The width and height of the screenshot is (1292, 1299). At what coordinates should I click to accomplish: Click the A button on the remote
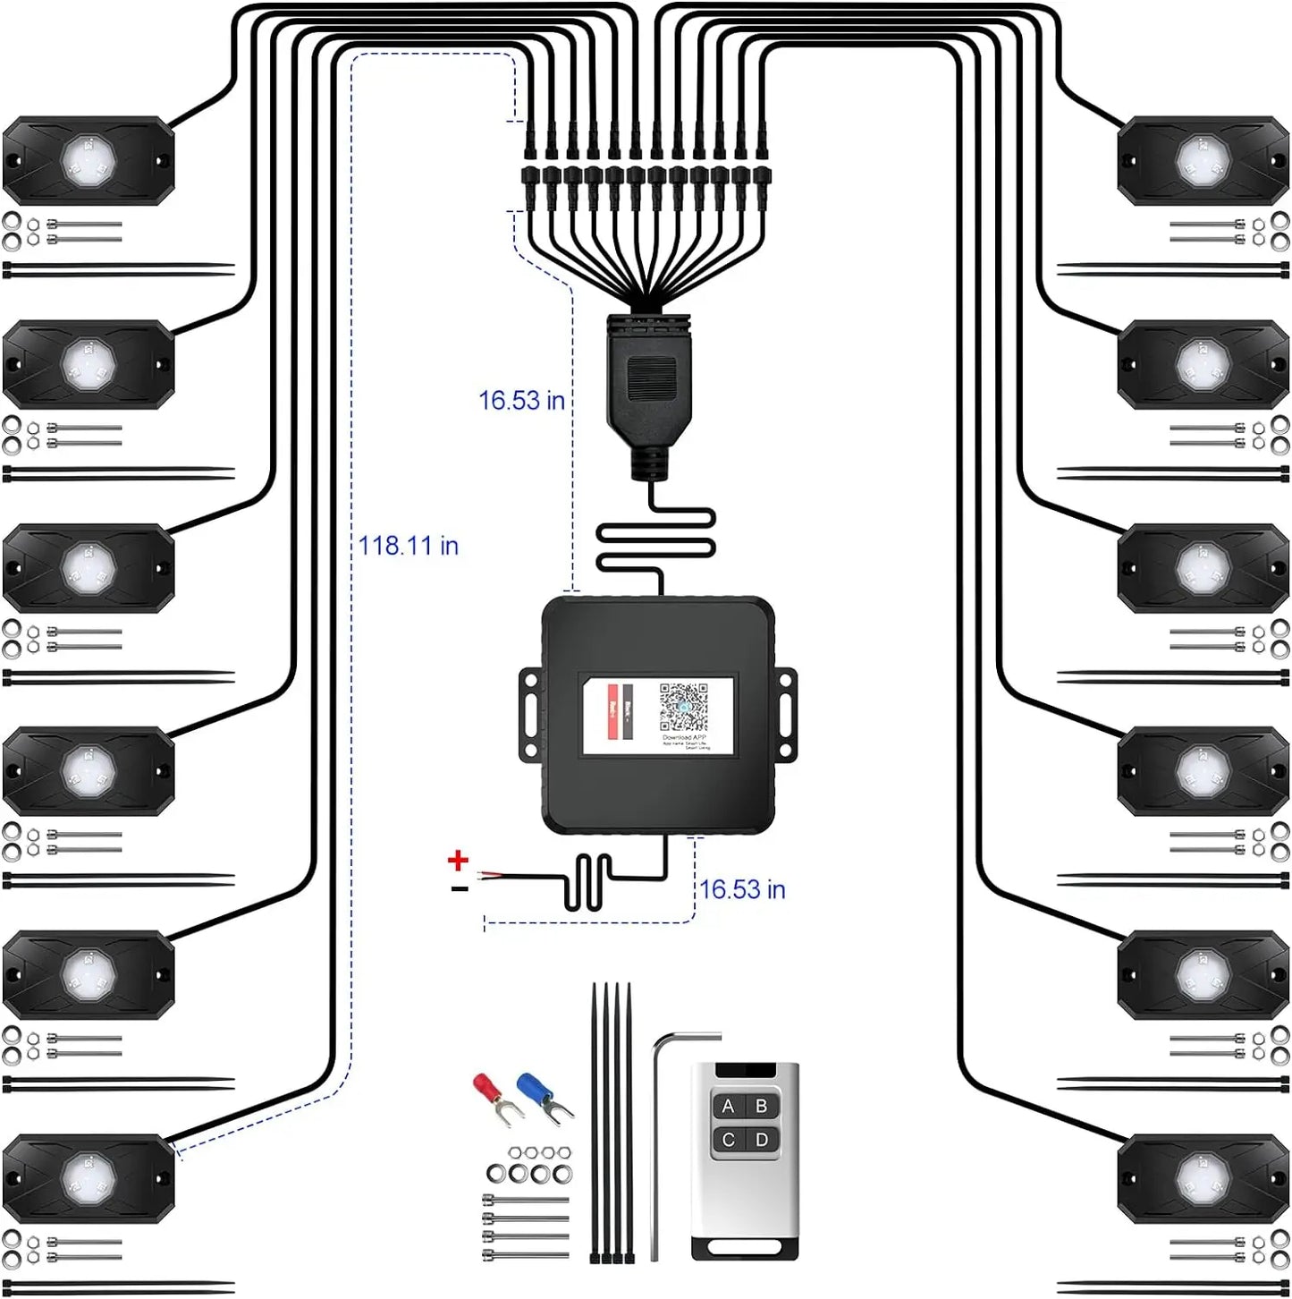(728, 1107)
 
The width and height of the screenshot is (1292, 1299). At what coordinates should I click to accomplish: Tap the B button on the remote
(762, 1107)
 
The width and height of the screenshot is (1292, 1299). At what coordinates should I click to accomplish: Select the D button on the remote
(762, 1140)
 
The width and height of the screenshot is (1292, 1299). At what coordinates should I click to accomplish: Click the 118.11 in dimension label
(408, 545)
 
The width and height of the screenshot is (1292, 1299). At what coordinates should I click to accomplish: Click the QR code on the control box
(683, 709)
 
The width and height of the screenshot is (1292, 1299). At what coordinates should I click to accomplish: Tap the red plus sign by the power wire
(458, 861)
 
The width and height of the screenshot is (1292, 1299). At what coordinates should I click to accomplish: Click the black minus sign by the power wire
(459, 888)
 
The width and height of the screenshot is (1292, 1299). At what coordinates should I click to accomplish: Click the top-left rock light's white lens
(88, 159)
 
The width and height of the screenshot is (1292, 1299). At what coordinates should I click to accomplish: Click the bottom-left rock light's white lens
(88, 1176)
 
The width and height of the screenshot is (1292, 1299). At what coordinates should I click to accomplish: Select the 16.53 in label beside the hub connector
(521, 400)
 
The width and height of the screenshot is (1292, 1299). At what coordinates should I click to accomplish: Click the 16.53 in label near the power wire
(742, 889)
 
